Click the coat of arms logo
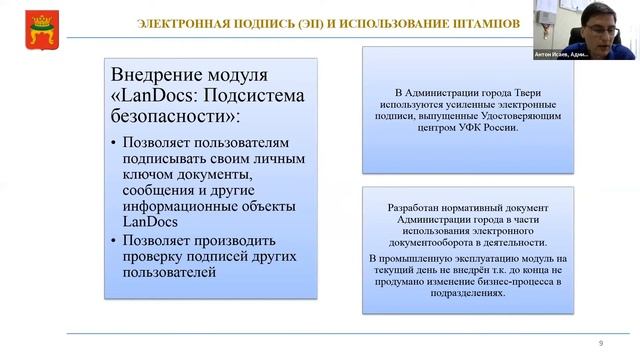pos(18,22)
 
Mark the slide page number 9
pos(601,343)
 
